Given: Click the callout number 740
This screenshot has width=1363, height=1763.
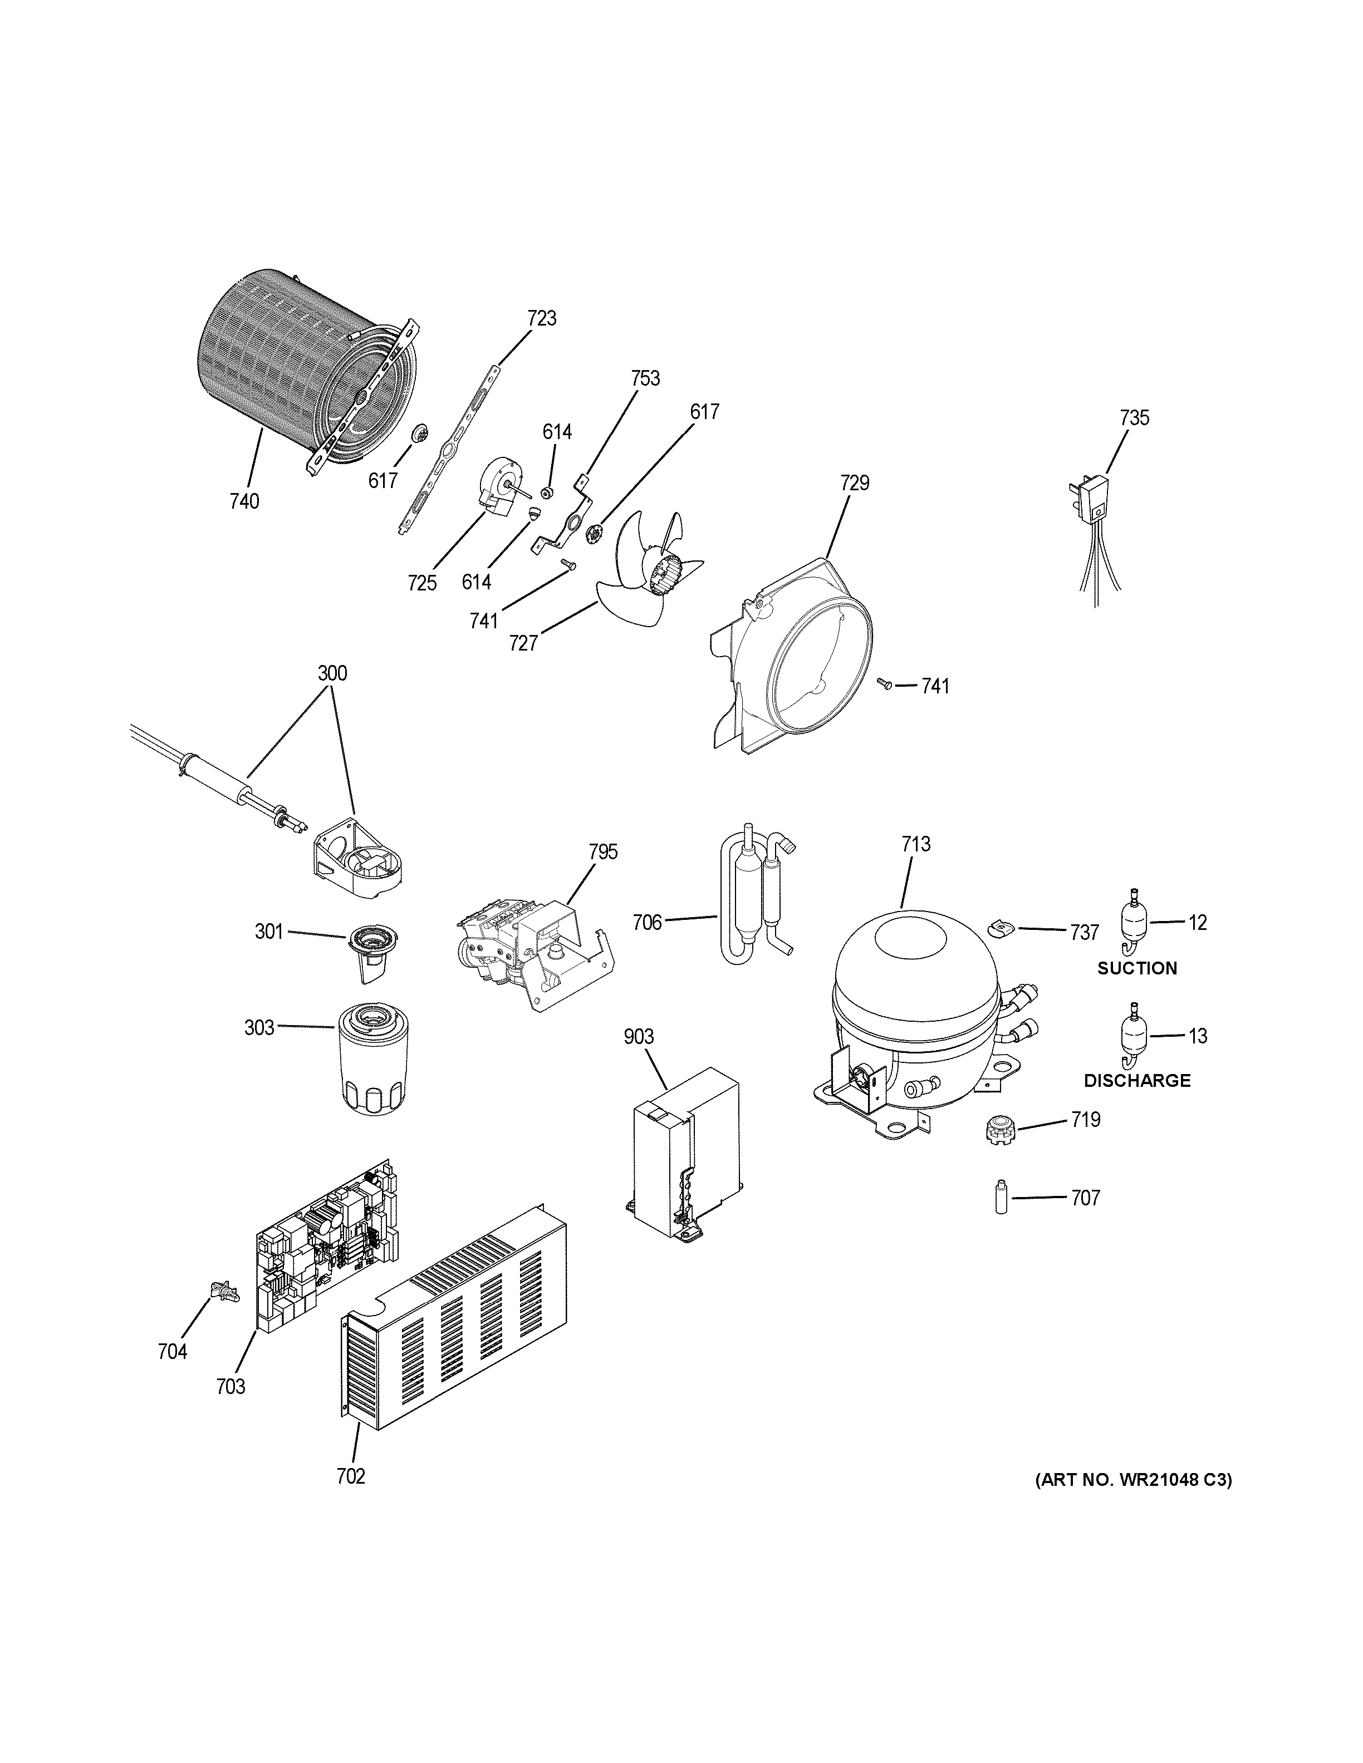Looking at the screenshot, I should tap(244, 501).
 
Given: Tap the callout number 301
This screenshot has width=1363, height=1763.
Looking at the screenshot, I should tap(269, 932).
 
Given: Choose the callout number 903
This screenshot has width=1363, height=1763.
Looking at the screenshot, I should tap(638, 1037).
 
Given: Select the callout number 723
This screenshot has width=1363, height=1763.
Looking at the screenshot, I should tap(541, 318).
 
